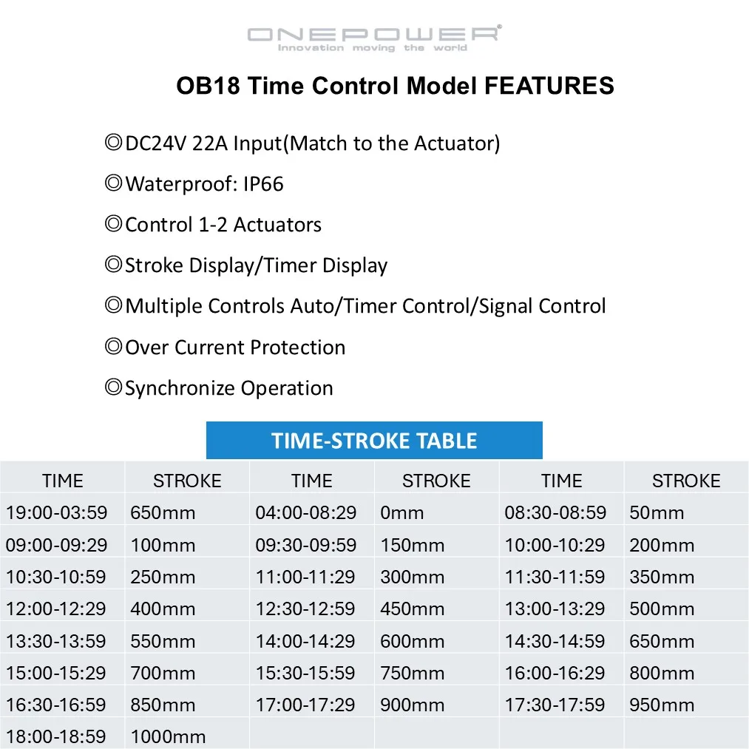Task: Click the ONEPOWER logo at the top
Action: [374, 38]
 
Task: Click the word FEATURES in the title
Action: [549, 86]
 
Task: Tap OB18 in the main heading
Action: [208, 86]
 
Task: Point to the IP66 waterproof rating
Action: [263, 184]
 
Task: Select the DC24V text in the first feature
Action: [156, 143]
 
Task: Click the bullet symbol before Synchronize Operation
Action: [114, 387]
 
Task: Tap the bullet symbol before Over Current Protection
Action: [114, 346]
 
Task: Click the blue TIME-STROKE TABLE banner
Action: [374, 440]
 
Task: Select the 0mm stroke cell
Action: [436, 512]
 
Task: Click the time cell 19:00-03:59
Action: [62, 512]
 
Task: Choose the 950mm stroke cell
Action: [686, 705]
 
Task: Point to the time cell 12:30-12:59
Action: [312, 609]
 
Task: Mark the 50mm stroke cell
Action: [686, 512]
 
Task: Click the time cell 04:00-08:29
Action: [312, 512]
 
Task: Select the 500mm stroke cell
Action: [686, 609]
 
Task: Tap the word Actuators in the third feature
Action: [277, 225]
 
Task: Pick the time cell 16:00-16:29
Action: [561, 673]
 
